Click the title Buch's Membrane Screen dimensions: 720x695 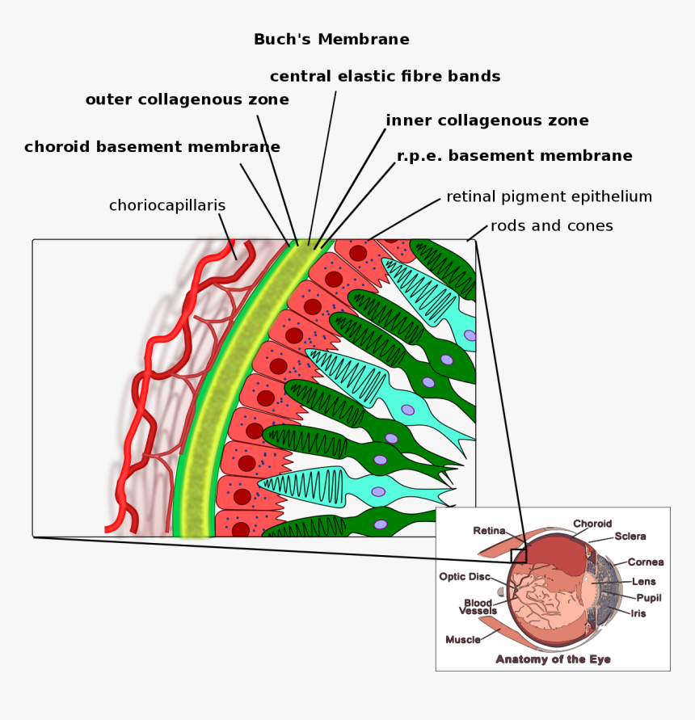tap(331, 40)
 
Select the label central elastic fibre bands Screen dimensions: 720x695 tap(385, 77)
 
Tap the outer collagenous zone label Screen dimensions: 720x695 tap(187, 100)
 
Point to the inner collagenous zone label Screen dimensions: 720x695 tap(486, 121)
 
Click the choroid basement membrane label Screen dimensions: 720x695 tap(152, 147)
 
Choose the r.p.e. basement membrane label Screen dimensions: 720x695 tap(514, 156)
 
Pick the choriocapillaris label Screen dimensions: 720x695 tap(167, 206)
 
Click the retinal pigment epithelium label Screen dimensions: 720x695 tap(549, 196)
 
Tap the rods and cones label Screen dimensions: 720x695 tap(551, 226)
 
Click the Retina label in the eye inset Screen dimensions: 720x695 tap(489, 531)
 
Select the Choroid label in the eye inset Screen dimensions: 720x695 tap(592, 524)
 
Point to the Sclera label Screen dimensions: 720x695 tap(630, 536)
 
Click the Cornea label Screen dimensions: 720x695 tap(646, 562)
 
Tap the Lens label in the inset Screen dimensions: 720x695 tap(644, 581)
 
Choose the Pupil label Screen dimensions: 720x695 tap(648, 597)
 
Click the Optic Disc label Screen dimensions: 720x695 tap(465, 577)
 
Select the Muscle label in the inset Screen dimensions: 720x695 tap(463, 640)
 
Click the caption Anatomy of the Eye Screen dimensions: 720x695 tap(553, 659)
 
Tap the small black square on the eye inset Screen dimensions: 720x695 tap(518, 555)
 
